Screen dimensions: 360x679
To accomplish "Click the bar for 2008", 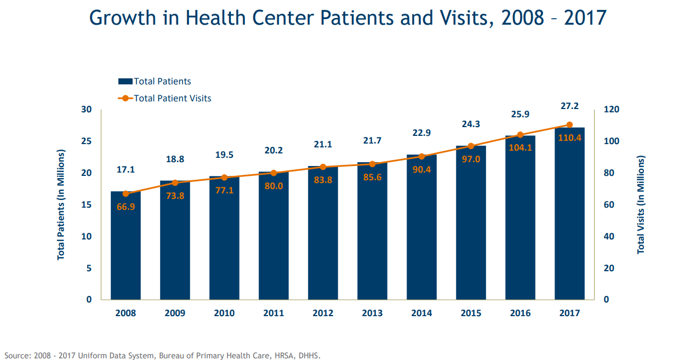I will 125,247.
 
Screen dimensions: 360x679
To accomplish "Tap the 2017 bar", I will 569,219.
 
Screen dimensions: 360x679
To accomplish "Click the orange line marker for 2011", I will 274,173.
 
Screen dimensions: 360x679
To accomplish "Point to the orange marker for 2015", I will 471,146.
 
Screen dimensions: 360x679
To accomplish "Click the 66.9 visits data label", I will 125,207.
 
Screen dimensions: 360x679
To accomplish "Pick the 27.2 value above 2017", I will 569,106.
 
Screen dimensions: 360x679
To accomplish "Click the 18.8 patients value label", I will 175,159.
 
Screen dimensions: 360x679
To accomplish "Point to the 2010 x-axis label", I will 224,313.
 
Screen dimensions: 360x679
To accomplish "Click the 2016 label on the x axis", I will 520,313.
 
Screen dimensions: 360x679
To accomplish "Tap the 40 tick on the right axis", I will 609,237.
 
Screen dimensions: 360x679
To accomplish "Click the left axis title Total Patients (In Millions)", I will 61,204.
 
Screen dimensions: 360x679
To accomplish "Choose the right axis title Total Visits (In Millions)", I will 641,204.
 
